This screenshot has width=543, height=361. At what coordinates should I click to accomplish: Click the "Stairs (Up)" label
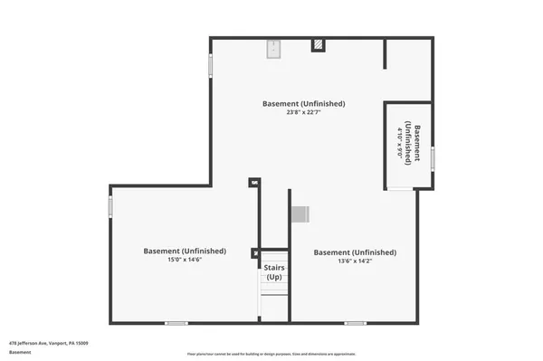[x=273, y=271]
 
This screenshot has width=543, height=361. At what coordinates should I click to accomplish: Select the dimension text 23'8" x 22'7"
[x=303, y=113]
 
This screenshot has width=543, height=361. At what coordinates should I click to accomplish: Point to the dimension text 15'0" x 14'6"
[x=184, y=261]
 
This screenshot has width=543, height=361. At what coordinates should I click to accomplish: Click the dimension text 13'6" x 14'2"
[x=354, y=261]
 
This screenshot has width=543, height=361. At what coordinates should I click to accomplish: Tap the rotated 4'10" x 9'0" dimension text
[x=399, y=142]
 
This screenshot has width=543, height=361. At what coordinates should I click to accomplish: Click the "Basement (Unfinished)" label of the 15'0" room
[x=185, y=251]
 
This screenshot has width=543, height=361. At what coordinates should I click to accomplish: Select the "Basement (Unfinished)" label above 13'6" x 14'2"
[x=354, y=252]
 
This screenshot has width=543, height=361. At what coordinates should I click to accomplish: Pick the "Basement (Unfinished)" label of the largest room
[x=303, y=103]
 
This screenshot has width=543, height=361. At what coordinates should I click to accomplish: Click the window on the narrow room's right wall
[x=433, y=158]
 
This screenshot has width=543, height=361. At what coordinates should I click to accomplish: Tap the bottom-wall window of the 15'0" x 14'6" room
[x=176, y=322]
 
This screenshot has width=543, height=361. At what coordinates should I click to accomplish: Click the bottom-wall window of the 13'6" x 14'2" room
[x=355, y=322]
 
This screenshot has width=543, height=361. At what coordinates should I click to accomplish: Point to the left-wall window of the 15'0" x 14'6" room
[x=110, y=208]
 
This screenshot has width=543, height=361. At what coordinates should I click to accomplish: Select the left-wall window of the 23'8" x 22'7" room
[x=211, y=65]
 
